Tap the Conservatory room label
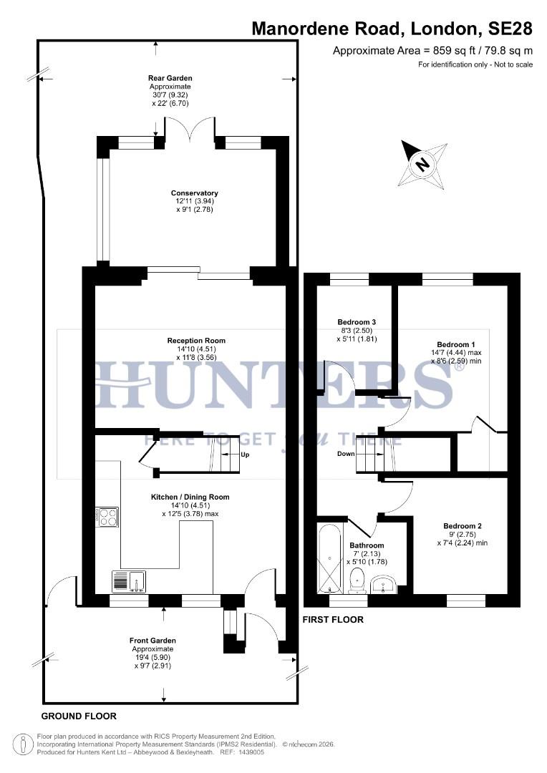point(194,193)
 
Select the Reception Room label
point(196,341)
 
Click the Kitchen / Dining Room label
point(190,497)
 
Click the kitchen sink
point(129,581)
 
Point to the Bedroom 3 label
point(356,322)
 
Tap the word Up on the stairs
point(246,454)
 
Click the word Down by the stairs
point(346,454)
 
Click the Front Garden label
point(153,640)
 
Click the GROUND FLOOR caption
point(79,716)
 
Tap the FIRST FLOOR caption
point(333,620)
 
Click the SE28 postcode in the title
point(510,29)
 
